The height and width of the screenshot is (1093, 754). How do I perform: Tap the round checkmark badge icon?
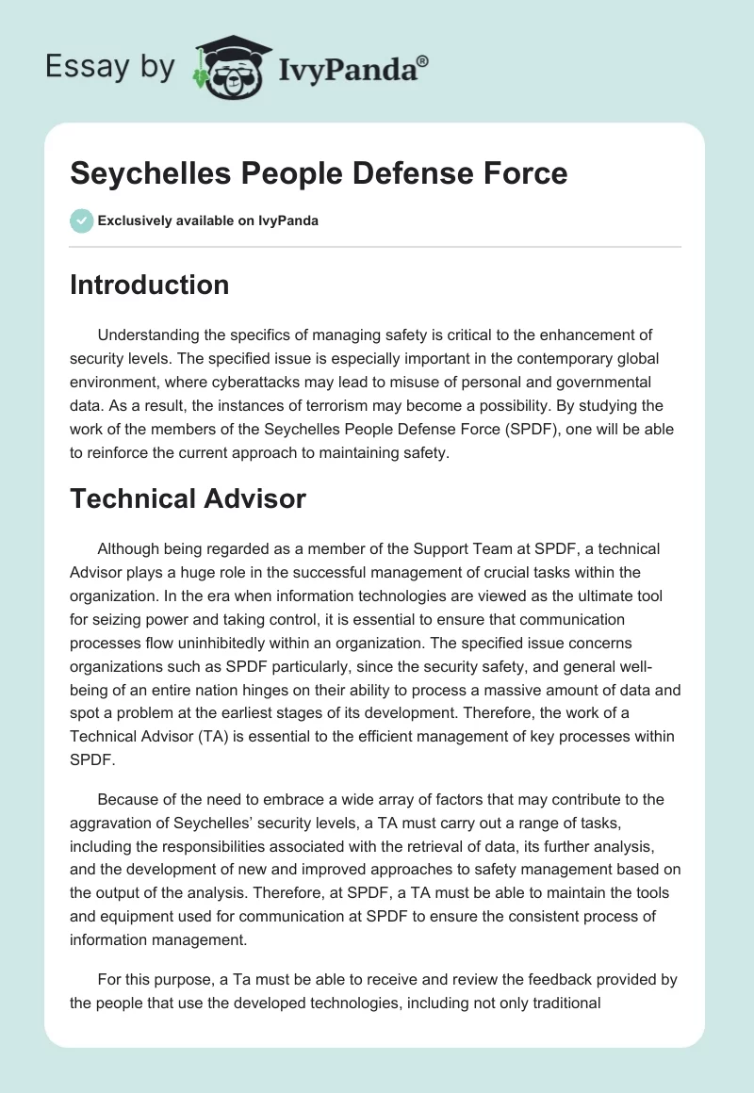tap(81, 220)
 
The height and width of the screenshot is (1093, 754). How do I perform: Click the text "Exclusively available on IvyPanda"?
tap(207, 221)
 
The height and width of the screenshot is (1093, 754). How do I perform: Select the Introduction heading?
tap(149, 285)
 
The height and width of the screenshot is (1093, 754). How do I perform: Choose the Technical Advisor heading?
tap(188, 498)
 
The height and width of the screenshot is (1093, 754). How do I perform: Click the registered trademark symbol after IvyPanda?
tap(423, 59)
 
